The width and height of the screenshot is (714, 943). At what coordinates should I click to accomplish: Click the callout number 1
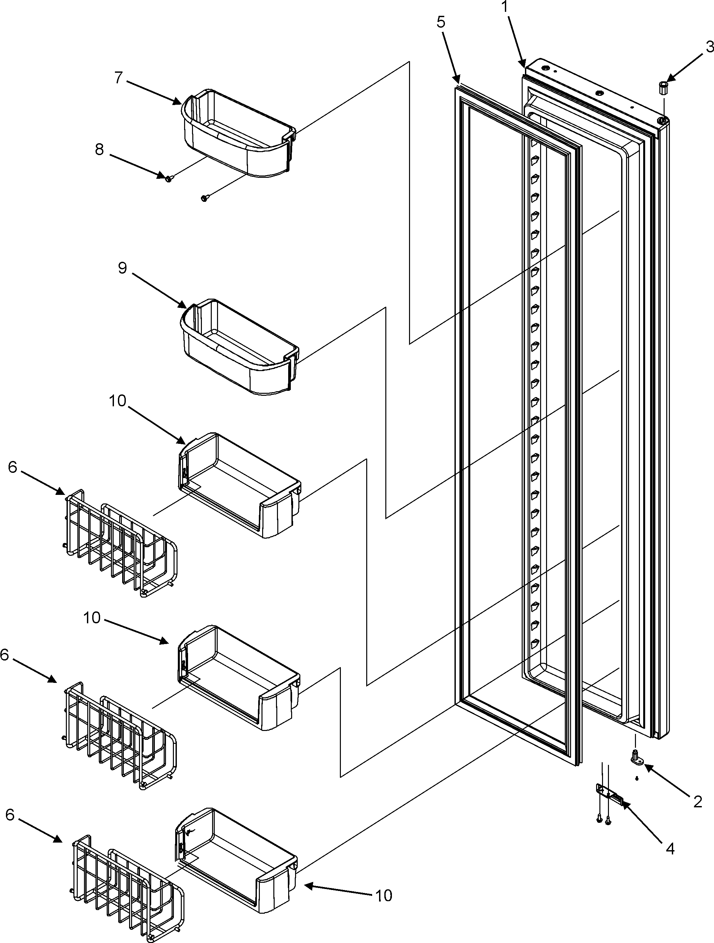point(505,7)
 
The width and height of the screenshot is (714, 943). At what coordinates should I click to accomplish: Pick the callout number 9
point(123,268)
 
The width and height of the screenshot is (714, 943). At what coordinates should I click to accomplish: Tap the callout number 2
point(697,802)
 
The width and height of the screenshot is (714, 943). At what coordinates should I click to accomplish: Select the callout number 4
point(670,849)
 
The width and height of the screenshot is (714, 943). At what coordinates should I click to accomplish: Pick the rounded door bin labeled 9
point(239,347)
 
